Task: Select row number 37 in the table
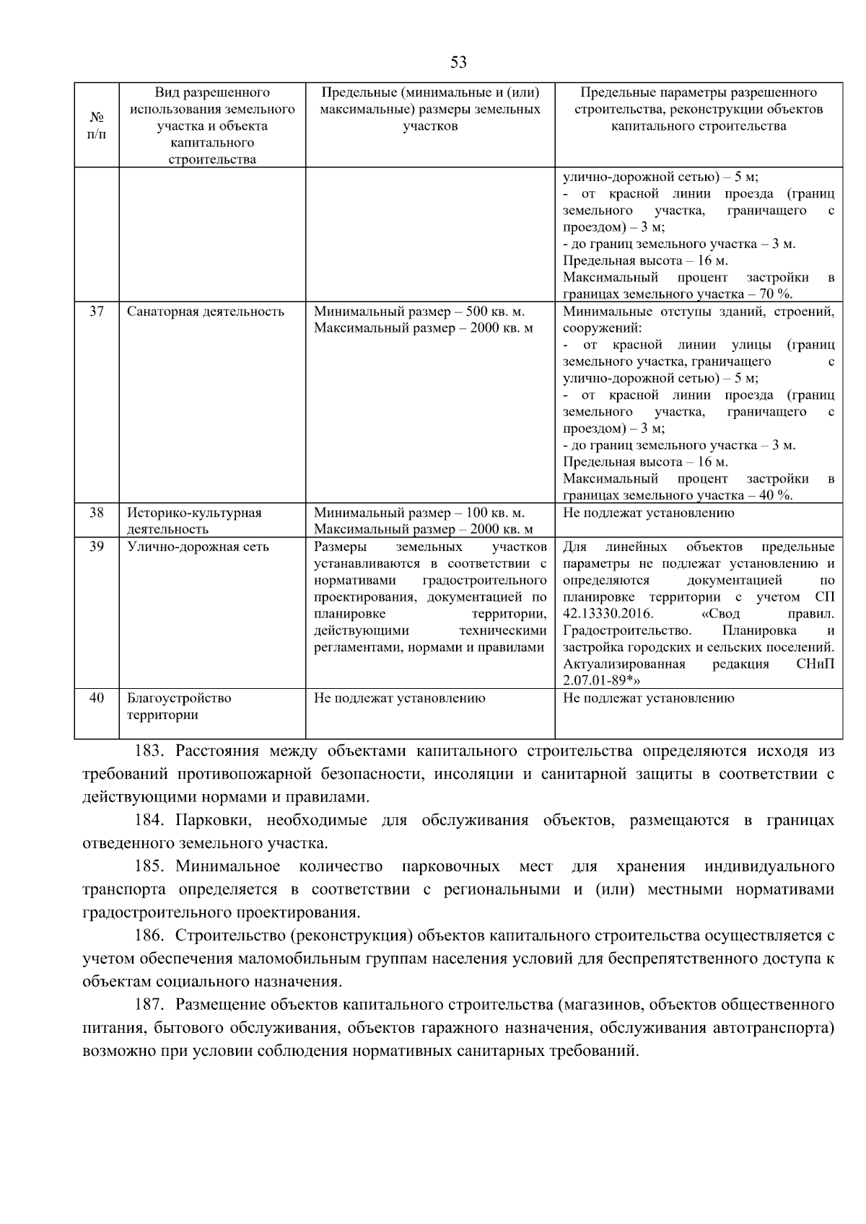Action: [97, 312]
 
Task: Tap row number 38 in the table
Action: [97, 513]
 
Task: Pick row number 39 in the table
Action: [97, 547]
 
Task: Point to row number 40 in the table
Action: [97, 698]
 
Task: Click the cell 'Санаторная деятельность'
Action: [206, 312]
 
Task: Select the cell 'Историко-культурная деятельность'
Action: [195, 521]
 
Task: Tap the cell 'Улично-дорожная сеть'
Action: [198, 547]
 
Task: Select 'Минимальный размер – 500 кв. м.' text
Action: [419, 312]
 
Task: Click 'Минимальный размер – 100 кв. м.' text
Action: [419, 513]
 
